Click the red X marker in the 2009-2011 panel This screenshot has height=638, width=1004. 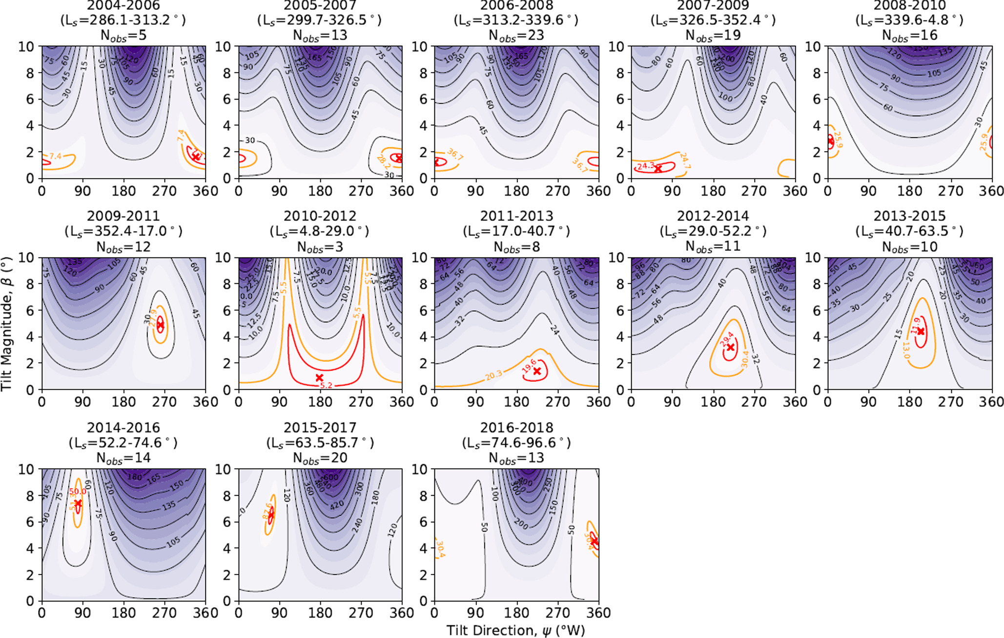click(x=160, y=325)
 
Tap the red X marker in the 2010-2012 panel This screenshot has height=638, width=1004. click(x=319, y=378)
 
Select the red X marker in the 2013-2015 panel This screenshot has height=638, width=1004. click(x=921, y=331)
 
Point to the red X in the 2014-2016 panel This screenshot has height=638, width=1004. click(x=78, y=503)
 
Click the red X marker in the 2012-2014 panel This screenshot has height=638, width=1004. click(x=731, y=347)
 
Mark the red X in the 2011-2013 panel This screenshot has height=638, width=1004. click(x=537, y=371)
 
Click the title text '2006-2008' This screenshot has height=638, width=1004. click(x=516, y=6)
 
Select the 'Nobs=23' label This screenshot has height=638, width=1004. click(x=516, y=36)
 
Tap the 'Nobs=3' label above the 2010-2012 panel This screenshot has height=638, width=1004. click(x=320, y=247)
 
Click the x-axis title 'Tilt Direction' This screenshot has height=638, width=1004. click(x=515, y=630)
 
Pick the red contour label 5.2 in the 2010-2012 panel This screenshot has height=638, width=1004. click(x=326, y=385)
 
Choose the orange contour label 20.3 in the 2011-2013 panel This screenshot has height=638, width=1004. click(x=493, y=375)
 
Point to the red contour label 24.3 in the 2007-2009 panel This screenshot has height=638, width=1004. click(x=646, y=166)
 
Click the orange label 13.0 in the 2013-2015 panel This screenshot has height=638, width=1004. click(x=906, y=350)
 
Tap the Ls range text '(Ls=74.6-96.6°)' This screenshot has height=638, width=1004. click(x=516, y=443)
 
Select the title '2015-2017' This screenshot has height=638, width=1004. click(x=320, y=428)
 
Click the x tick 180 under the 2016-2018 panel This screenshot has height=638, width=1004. click(x=516, y=613)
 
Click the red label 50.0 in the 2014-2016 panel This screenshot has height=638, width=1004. click(x=78, y=491)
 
